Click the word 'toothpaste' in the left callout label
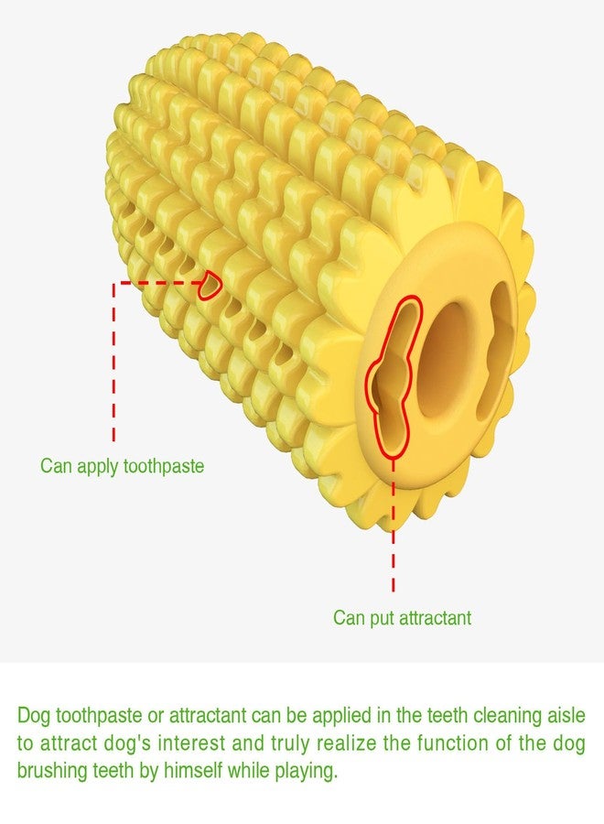pos(163,466)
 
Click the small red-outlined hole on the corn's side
pos(210,286)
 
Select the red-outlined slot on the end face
pos(394,376)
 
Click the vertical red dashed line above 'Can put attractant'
pos(394,526)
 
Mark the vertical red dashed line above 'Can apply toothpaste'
pos(114,363)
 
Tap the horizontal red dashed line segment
pos(159,283)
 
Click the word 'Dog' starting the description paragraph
pos(34,717)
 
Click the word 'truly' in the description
pos(289,744)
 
